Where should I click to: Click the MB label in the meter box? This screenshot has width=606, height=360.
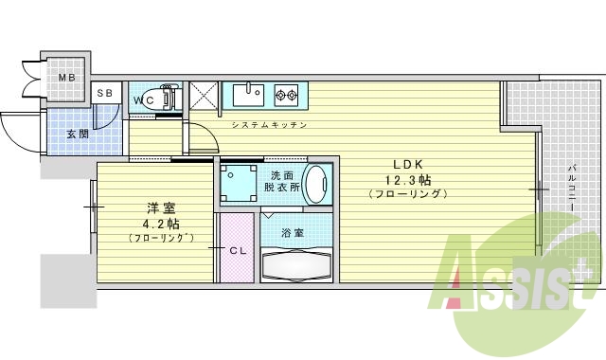pyautogui.click(x=66, y=77)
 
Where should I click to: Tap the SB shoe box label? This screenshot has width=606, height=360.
pyautogui.click(x=106, y=93)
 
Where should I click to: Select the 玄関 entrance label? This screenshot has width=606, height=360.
pyautogui.click(x=79, y=134)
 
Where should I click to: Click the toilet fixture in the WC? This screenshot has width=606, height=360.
pyautogui.click(x=167, y=98)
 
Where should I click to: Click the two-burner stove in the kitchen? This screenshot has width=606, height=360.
pyautogui.click(x=286, y=94)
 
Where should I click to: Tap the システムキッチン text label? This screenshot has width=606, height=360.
pyautogui.click(x=269, y=125)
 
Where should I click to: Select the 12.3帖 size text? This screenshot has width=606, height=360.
pyautogui.click(x=408, y=178)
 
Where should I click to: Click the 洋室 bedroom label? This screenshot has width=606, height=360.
pyautogui.click(x=159, y=207)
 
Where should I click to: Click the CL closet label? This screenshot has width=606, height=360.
pyautogui.click(x=240, y=250)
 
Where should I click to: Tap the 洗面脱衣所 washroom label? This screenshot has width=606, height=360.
pyautogui.click(x=282, y=182)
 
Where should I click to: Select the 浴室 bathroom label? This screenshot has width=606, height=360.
pyautogui.click(x=294, y=232)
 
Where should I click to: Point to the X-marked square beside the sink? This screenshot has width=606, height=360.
pyautogui.click(x=204, y=97)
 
